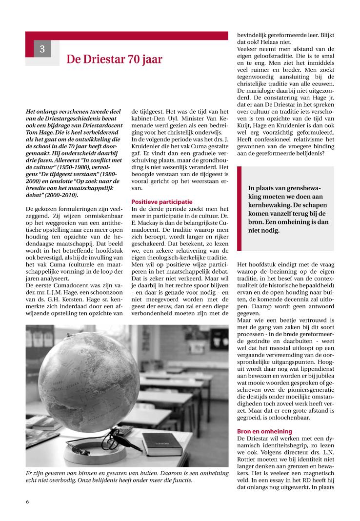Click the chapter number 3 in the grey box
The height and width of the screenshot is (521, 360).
pyautogui.click(x=42, y=49)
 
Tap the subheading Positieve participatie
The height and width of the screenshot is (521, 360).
pyautogui.click(x=162, y=201)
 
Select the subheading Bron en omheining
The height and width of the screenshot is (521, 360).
pyautogui.click(x=264, y=431)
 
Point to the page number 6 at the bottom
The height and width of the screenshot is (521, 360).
pyautogui.click(x=28, y=501)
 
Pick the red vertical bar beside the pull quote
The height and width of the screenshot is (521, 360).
pyautogui.click(x=239, y=208)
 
